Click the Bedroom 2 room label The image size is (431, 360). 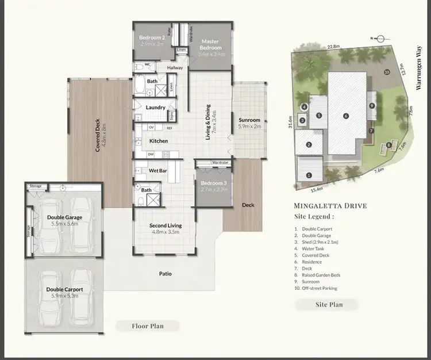[x=152, y=39]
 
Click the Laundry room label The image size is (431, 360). [x=156, y=108]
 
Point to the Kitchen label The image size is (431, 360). [x=159, y=141]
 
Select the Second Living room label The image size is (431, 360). [x=166, y=225]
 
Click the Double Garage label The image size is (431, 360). [x=64, y=217]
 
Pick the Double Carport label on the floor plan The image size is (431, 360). [x=64, y=289]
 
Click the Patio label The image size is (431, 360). [x=166, y=274]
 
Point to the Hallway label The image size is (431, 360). [x=175, y=68]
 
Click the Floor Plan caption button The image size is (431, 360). [x=147, y=326]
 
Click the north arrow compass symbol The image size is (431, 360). [x=377, y=39]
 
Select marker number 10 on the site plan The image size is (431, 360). [x=387, y=72]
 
